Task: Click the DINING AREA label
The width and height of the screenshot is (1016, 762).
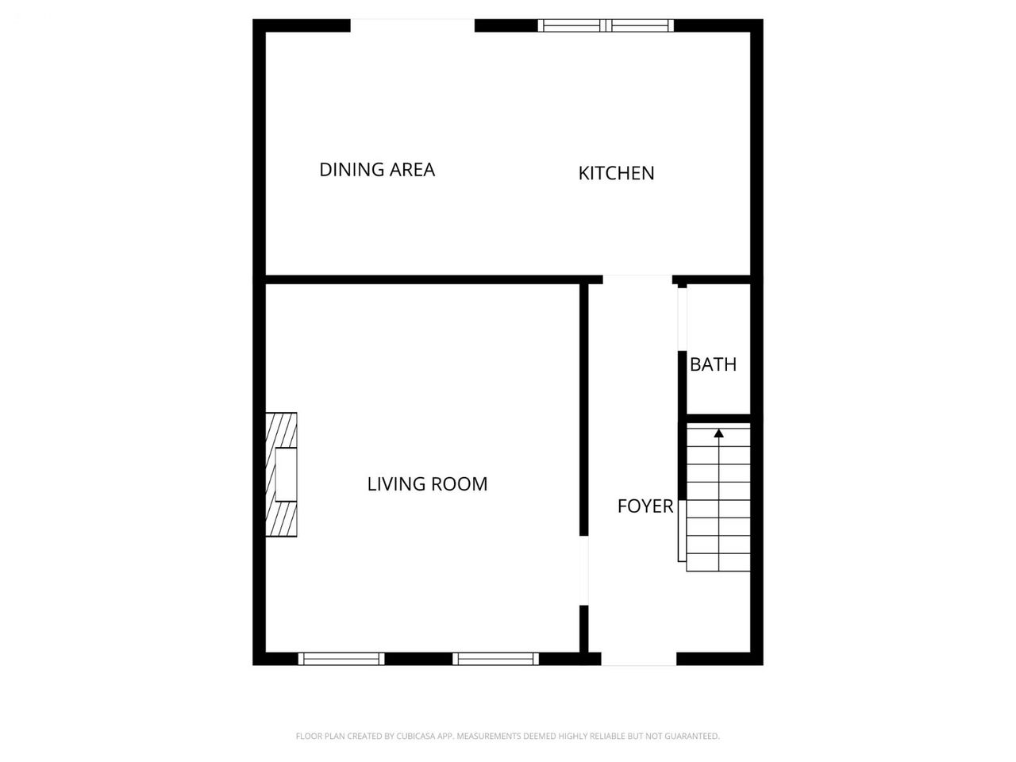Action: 377,170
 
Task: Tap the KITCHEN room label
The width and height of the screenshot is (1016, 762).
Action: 616,174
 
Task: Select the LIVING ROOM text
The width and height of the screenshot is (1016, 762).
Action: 427,484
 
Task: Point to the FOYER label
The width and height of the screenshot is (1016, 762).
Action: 645,506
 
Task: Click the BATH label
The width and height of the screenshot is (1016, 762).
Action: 713,364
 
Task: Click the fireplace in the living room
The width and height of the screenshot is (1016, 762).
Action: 281,474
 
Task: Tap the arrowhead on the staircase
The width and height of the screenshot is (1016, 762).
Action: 718,433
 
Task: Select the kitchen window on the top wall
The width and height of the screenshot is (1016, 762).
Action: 606,25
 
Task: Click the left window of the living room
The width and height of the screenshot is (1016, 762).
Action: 341,659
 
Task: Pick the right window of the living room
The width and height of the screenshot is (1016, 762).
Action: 496,659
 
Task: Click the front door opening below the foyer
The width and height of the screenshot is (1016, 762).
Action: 639,659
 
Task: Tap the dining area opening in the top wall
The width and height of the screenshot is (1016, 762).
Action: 413,25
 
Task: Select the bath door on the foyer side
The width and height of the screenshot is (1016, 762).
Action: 683,319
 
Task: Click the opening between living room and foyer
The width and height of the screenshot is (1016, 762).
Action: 584,570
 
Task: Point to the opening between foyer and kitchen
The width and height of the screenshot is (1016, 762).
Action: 637,279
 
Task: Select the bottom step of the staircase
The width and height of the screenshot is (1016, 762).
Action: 718,562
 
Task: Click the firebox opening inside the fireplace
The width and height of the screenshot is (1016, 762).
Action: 286,474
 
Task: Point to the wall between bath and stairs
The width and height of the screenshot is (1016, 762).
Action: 718,419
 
